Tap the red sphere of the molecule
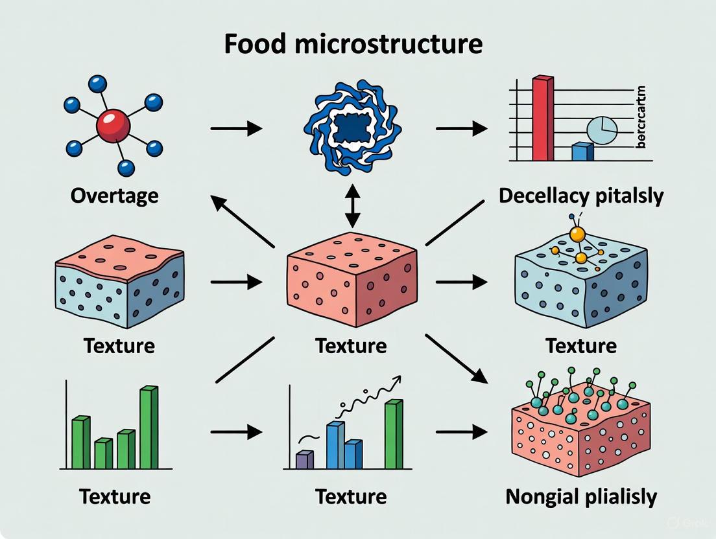(113, 125)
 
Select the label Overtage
(114, 195)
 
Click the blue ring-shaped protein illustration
(352, 127)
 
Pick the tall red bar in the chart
(543, 118)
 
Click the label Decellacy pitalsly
(581, 196)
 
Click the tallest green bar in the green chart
(149, 428)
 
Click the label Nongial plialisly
(581, 497)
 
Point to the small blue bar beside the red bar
(582, 152)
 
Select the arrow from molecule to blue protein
(236, 128)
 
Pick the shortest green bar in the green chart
(103, 453)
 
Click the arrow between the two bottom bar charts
(236, 431)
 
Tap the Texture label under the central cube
(351, 345)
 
